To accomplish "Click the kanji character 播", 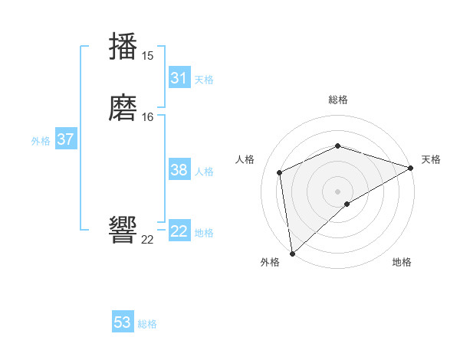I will pos(123,46).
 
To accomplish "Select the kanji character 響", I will pos(123,229).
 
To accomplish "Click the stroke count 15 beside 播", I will pos(147,55).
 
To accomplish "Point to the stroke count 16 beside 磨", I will pos(147,117).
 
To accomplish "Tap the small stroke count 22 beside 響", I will pos(147,239).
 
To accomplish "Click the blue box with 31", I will pos(179,78).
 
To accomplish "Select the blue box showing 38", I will pos(179,170).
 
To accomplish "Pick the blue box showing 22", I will pos(179,231).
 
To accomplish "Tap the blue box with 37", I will pos(65,139).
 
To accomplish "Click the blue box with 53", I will pos(123,322).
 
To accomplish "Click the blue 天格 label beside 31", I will pos(204,79).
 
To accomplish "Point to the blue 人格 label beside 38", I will pos(204,172).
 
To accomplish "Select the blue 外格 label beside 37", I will pos(41,141).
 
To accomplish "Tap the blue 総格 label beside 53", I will pos(147,324).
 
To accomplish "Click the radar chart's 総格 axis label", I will pos(337,100).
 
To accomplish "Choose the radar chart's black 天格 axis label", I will pos(431,159).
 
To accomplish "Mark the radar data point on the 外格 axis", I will pos(291,254).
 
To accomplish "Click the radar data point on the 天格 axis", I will pos(411,169).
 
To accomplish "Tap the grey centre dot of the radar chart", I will pos(337,191).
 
